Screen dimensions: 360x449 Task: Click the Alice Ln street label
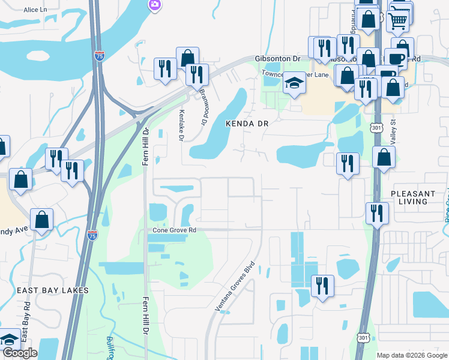tap(35, 10)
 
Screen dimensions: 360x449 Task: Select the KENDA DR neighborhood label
tap(246, 123)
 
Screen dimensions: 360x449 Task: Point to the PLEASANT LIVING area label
tap(413, 197)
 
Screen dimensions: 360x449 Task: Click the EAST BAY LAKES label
tap(53, 290)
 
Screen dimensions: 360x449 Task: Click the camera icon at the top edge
tap(155, 5)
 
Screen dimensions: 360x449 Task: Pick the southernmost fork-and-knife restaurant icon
tap(323, 286)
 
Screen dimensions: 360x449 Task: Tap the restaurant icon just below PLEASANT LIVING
tap(376, 213)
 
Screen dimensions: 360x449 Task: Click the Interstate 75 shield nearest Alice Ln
tap(100, 56)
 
